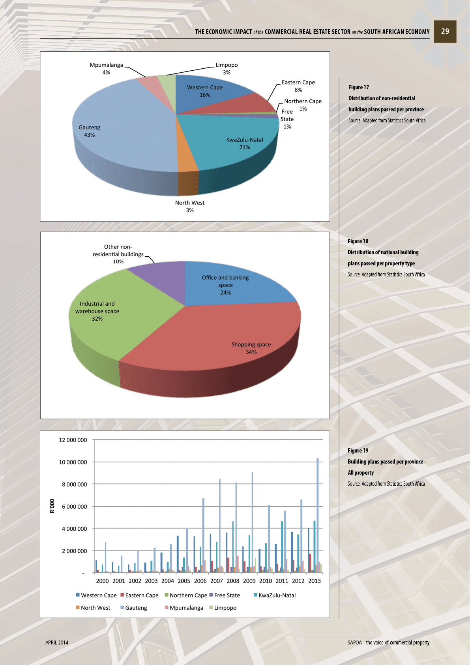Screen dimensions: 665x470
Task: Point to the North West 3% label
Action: point(190,206)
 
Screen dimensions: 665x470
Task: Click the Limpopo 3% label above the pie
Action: point(227,68)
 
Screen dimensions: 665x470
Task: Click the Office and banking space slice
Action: point(229,284)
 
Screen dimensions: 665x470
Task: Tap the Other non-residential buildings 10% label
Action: point(118,254)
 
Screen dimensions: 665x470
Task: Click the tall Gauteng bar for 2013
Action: point(318,513)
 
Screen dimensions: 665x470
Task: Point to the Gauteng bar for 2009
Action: point(252,521)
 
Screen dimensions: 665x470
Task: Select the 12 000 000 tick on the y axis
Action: point(73,440)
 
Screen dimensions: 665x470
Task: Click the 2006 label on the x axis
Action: point(200,581)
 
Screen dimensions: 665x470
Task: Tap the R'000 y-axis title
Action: point(52,506)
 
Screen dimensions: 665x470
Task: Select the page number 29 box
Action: point(445,32)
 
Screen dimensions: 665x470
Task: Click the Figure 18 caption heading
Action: point(358,241)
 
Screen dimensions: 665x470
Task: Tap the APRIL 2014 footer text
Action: point(57,642)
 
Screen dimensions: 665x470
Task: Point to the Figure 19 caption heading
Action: point(358,451)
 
